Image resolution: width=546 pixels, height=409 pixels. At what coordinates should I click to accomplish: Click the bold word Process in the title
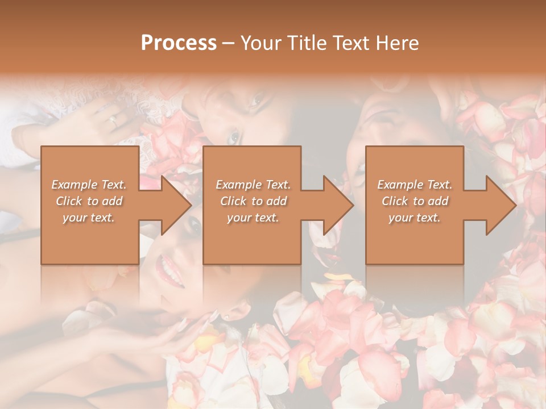coord(179,43)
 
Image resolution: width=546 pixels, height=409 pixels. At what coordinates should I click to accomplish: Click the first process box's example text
coord(89,201)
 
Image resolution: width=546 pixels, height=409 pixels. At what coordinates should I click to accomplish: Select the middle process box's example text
coord(253,201)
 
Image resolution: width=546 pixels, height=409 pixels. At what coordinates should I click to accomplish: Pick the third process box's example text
coord(415,201)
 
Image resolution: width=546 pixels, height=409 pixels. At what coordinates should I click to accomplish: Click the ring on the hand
coord(113,120)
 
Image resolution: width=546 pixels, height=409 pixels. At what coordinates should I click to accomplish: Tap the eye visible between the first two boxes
coord(195,226)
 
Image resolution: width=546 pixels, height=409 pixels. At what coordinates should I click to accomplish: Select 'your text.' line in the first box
coord(89,218)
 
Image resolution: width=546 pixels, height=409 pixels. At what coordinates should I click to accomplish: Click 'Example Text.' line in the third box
coord(415,185)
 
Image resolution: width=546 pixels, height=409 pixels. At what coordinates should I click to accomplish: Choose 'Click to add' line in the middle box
coord(253,201)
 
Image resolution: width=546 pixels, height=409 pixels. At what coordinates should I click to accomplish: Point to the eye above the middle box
coord(233,137)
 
